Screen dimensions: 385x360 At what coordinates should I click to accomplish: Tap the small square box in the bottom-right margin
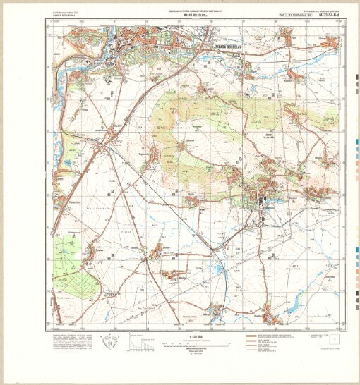[332, 341]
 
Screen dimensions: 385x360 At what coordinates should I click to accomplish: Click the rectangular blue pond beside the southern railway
[218, 268]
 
